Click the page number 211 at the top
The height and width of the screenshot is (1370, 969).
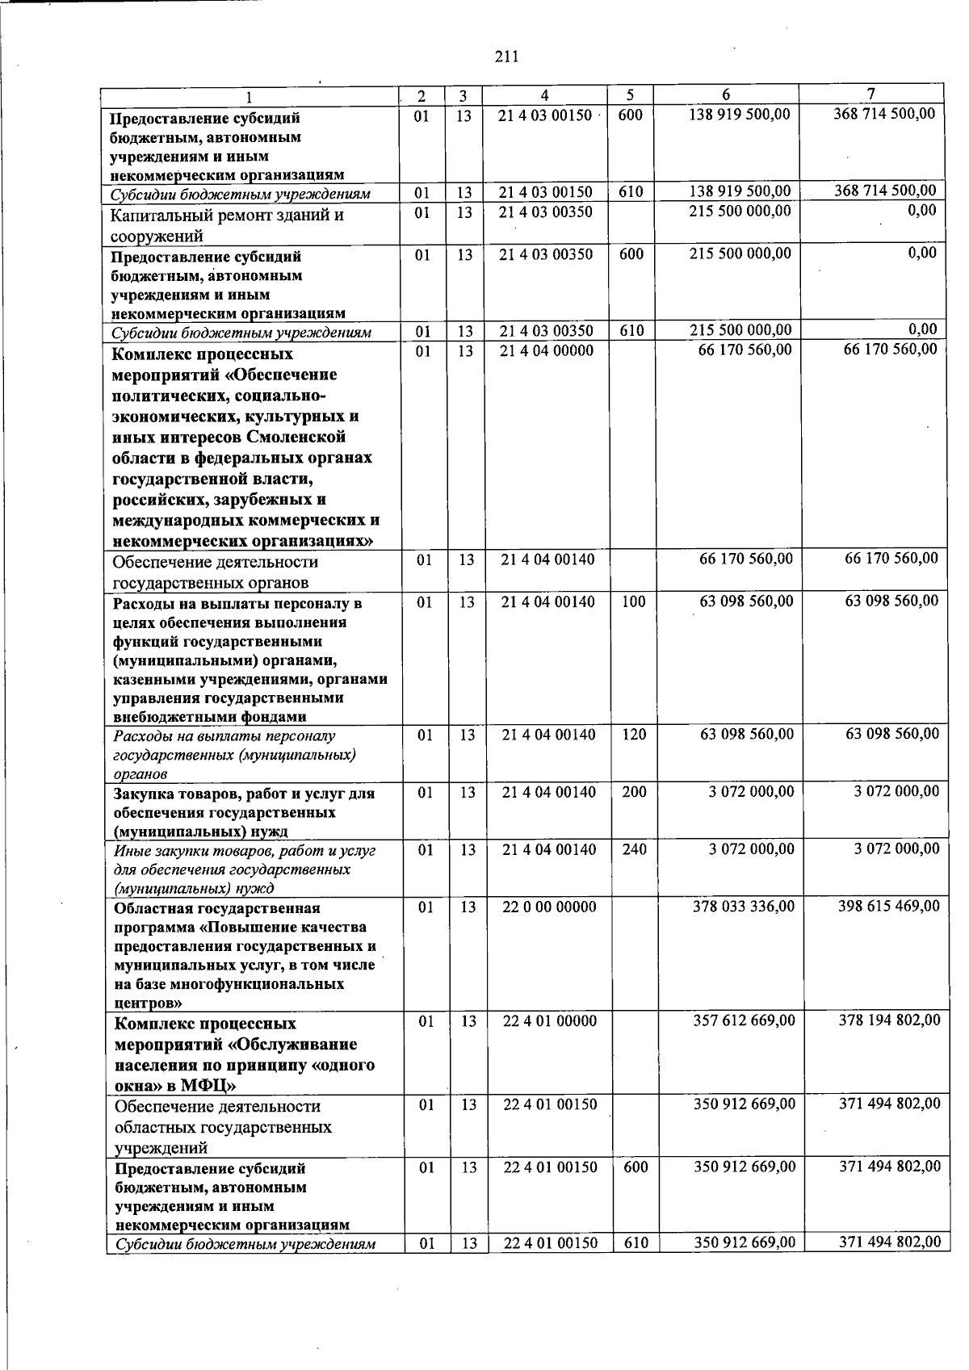point(505,57)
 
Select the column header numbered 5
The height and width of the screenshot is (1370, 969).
point(629,95)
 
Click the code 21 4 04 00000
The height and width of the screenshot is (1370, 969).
point(547,350)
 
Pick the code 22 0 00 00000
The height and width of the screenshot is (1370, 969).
point(549,907)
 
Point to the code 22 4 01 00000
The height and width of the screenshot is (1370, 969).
point(549,1021)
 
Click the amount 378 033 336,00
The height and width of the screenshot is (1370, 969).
point(744,907)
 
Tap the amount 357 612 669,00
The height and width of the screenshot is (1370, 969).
point(744,1021)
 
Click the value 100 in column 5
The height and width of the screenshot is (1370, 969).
point(634,601)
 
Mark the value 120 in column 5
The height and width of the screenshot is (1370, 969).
point(634,735)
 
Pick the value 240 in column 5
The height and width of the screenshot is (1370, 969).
point(635,849)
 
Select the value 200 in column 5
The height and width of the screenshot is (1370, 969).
point(635,793)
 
